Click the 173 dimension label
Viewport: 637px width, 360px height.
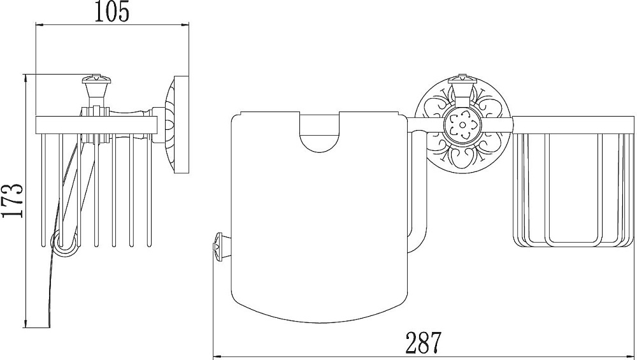click(x=12, y=201)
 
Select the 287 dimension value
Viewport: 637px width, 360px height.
click(x=423, y=343)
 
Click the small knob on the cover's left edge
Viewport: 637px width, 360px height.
click(x=219, y=245)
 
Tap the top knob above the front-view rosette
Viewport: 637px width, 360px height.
click(x=462, y=86)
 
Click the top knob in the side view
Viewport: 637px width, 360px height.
click(x=97, y=89)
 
